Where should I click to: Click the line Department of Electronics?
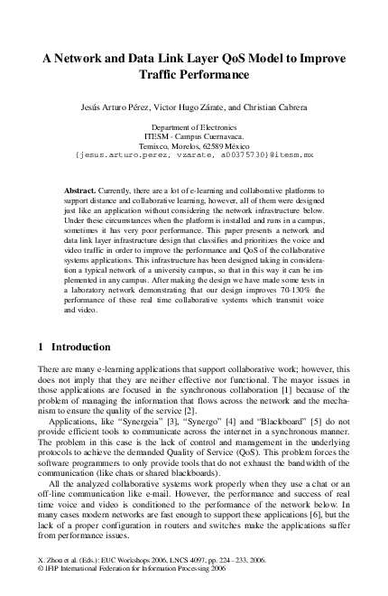tap(194, 128)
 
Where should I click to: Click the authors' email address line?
tap(194, 154)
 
